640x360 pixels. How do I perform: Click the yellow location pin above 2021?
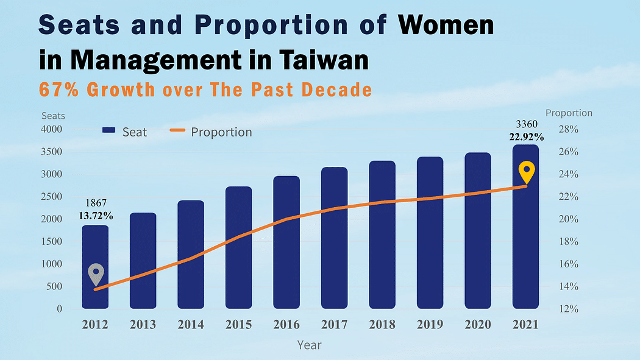coord(527,172)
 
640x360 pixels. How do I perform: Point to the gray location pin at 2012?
coord(96,274)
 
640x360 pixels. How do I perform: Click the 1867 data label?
coord(95,203)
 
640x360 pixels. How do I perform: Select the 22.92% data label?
coord(527,136)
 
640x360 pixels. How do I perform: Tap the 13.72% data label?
coord(95,215)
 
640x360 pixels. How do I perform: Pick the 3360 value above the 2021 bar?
coord(527,125)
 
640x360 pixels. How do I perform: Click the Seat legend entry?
coord(124,132)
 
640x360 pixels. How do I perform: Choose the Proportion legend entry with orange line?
coord(211,132)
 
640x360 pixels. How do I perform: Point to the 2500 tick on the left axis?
coord(52,197)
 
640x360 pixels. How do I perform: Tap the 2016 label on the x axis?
coord(286,325)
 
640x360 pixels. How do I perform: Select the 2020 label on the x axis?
coord(477,325)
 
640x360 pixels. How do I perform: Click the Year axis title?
coord(309,345)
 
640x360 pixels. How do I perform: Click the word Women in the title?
coord(446,26)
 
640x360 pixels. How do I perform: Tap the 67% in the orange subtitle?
coord(59,90)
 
